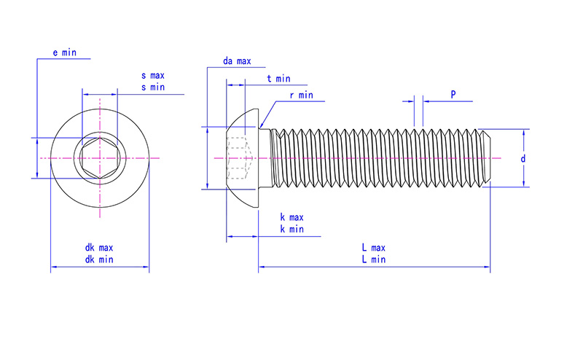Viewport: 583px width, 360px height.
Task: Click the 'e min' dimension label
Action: coord(64,52)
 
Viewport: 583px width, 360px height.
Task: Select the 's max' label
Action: coord(153,76)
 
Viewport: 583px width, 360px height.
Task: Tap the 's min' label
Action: coord(153,87)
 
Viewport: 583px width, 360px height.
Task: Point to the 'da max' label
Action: coord(237,61)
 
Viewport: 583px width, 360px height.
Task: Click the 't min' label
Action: coord(278,79)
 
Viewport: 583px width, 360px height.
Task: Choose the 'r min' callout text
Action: coord(302,95)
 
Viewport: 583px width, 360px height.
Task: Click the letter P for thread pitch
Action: coord(453,95)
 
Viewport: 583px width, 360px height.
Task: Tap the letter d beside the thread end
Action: coord(523,159)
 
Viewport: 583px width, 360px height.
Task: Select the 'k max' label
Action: coord(292,217)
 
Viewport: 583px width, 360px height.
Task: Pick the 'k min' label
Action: coord(292,229)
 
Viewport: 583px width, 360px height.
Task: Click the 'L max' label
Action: coord(374,248)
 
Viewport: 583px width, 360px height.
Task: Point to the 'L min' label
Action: coord(374,259)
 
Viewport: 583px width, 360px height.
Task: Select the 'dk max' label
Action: coord(99,248)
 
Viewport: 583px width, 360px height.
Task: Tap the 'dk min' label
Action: coord(99,259)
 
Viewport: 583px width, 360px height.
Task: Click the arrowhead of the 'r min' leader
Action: coord(262,125)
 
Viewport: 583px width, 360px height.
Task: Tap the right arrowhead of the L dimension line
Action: coord(487,267)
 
